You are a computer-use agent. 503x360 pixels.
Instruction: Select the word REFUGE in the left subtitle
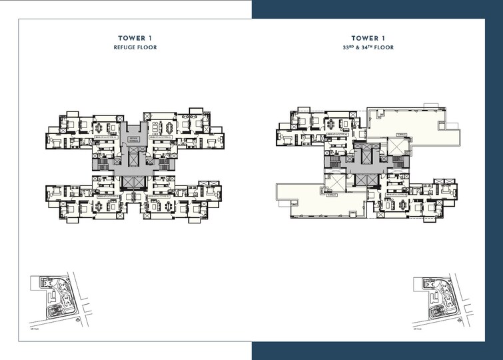(x=124, y=48)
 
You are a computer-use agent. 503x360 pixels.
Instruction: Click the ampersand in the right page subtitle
(x=360, y=48)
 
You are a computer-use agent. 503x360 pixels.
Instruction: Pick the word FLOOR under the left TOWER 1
(x=147, y=48)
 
